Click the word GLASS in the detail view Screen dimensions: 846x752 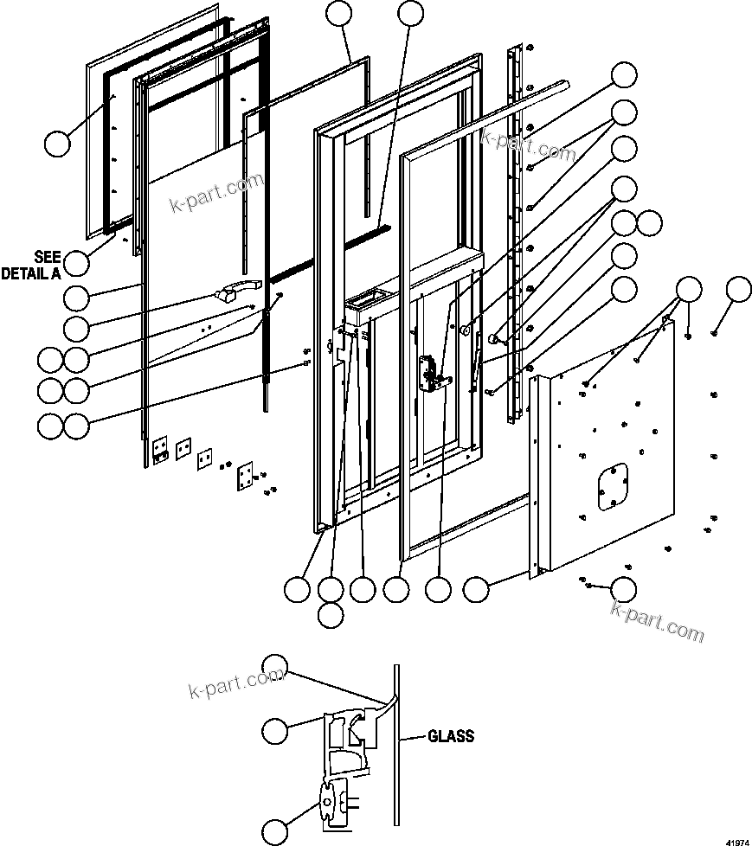pyautogui.click(x=451, y=737)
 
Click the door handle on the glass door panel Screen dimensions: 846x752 pyautogui.click(x=239, y=291)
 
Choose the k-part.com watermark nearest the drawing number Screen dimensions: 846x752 pyautogui.click(x=657, y=620)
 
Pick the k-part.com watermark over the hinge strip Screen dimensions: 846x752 pyautogui.click(x=528, y=146)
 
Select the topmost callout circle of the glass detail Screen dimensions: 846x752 pyautogui.click(x=274, y=668)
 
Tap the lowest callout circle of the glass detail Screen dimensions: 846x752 pyautogui.click(x=274, y=830)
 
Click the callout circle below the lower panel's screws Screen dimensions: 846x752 pyautogui.click(x=623, y=589)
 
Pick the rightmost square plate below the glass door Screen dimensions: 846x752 pyautogui.click(x=246, y=474)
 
